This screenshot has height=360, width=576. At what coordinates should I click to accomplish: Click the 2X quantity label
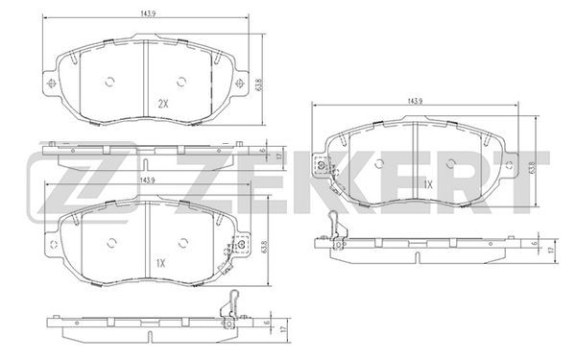tap(163, 104)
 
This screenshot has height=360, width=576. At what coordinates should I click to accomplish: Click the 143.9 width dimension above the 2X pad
tap(146, 13)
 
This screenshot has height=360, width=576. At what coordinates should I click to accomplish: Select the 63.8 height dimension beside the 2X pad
tap(260, 84)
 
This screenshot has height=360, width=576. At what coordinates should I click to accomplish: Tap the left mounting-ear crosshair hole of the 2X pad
tap(51, 83)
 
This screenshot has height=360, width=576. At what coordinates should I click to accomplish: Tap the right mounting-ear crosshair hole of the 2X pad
tap(239, 83)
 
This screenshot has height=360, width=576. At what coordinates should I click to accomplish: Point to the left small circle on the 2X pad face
tap(109, 82)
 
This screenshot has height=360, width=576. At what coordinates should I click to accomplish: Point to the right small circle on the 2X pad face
tap(181, 82)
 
